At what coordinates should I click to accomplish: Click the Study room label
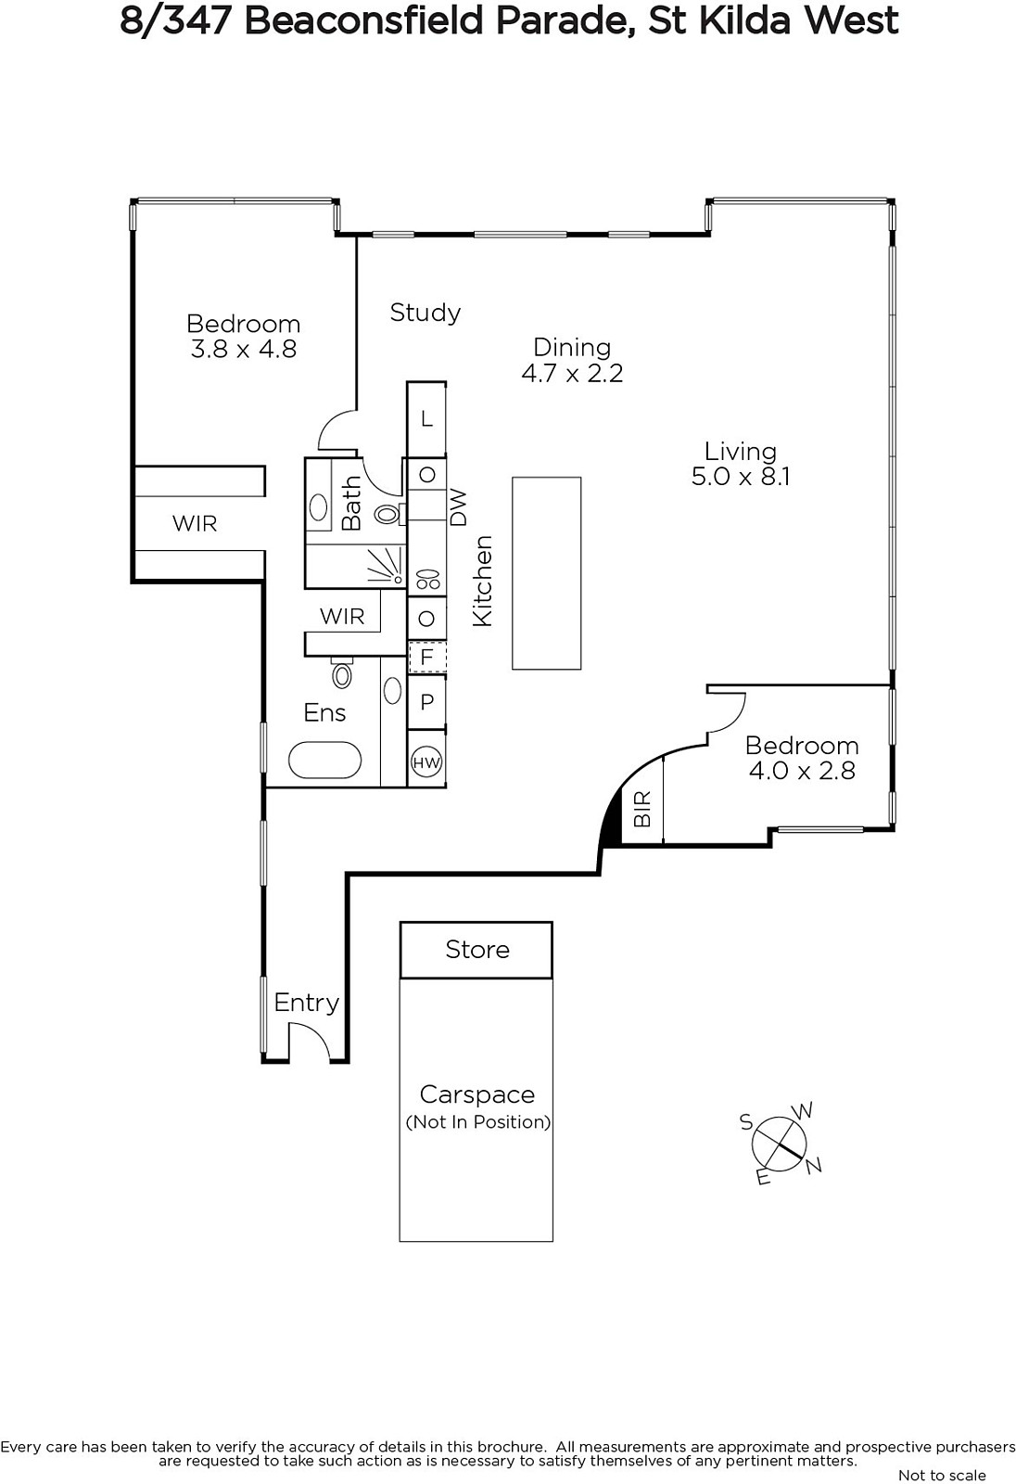(425, 313)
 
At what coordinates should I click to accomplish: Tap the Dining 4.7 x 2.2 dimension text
(572, 373)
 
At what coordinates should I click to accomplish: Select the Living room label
(740, 451)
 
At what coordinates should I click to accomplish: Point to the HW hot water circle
(426, 762)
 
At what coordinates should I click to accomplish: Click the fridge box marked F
(426, 658)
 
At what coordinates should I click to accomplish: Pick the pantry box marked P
(426, 701)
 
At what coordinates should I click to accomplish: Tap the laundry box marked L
(426, 419)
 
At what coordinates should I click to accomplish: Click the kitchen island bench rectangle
(546, 573)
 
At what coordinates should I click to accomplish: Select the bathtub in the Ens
(325, 760)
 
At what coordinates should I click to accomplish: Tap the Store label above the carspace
(476, 950)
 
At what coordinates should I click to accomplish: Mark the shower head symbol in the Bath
(387, 567)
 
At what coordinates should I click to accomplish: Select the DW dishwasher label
(458, 507)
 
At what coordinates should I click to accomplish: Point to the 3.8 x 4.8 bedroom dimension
(244, 349)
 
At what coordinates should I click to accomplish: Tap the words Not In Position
(478, 1121)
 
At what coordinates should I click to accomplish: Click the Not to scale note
(942, 1475)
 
